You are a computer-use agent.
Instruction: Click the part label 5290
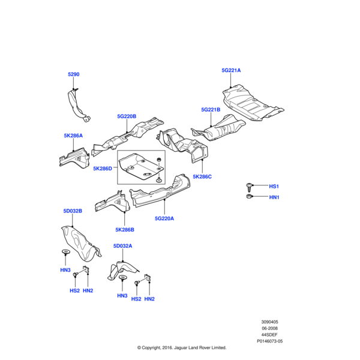pos(73,74)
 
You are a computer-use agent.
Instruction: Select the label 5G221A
pos(231,70)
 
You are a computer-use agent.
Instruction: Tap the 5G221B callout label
pos(211,110)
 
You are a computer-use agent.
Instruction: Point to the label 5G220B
pos(127,116)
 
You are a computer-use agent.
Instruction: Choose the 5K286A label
pos(73,136)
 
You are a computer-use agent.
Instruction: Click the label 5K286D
pos(103,169)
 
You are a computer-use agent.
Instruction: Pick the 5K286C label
pos(202,177)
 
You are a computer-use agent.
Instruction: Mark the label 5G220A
pos(164,218)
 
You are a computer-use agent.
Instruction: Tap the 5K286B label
pos(125,229)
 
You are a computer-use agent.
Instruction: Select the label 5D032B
pos(72,211)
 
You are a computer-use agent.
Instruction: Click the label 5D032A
pos(122,246)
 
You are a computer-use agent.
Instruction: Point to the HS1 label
pos(274,187)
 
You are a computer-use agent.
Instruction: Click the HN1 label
pos(274,197)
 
